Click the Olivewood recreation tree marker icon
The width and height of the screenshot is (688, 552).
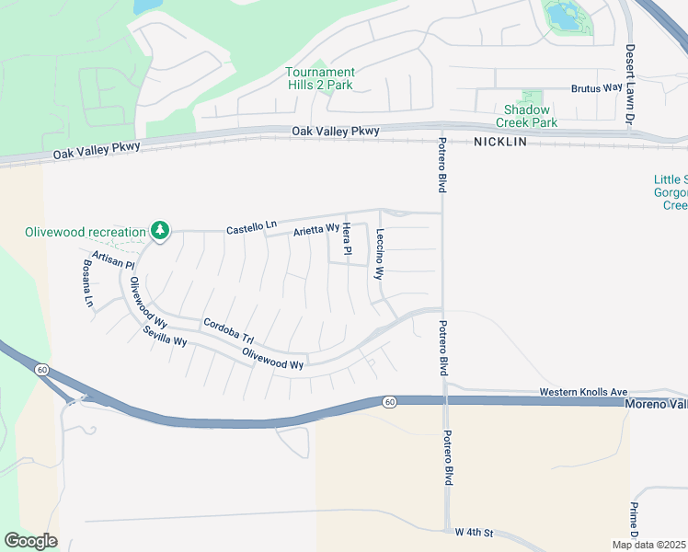click(x=160, y=229)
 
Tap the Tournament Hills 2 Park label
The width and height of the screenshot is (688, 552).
click(x=319, y=78)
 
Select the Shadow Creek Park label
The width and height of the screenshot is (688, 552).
click(x=526, y=115)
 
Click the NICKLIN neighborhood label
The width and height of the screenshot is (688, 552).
click(x=502, y=143)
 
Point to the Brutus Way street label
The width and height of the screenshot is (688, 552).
click(x=597, y=88)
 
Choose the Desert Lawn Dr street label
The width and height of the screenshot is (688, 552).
click(x=631, y=85)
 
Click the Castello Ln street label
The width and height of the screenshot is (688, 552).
click(x=251, y=225)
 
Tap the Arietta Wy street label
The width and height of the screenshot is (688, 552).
click(x=316, y=230)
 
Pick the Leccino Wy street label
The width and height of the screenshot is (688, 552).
click(x=378, y=254)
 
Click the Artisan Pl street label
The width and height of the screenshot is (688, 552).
click(x=113, y=259)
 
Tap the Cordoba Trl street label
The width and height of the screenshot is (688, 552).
click(x=228, y=328)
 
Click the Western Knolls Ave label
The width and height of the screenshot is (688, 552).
click(x=582, y=392)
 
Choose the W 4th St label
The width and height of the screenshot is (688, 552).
click(x=475, y=533)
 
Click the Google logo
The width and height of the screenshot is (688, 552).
click(x=30, y=541)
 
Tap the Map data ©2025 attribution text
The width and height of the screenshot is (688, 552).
click(x=648, y=545)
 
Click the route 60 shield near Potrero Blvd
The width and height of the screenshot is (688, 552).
click(x=389, y=402)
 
